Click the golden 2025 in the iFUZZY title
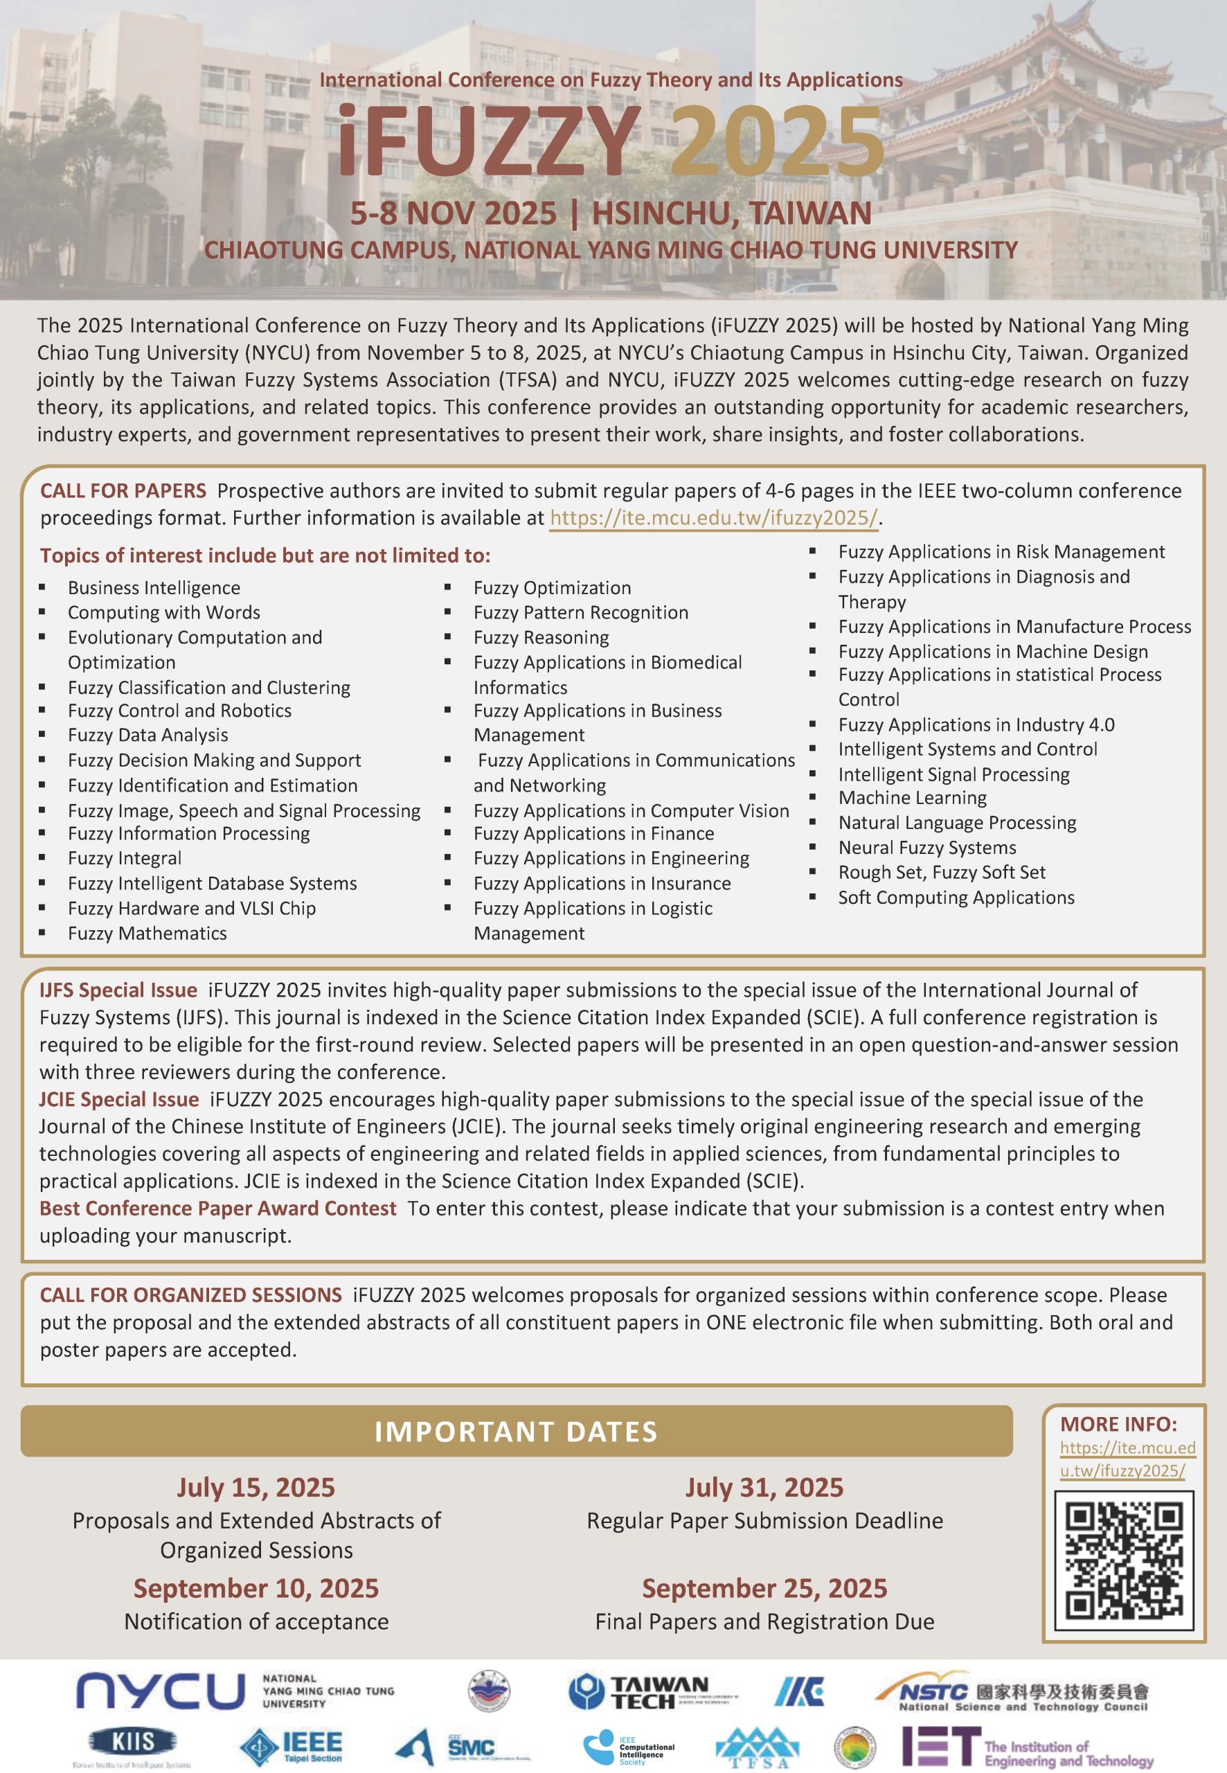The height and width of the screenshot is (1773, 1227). (x=777, y=142)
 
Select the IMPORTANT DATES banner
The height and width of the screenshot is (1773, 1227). (x=516, y=1431)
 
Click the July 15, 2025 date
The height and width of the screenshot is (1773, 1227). (x=256, y=1487)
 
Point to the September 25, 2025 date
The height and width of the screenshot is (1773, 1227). (x=764, y=1587)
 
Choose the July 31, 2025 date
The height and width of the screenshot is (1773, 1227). (x=764, y=1487)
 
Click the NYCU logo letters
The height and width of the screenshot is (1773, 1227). (x=160, y=1691)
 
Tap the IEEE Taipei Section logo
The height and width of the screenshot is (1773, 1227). (x=292, y=1745)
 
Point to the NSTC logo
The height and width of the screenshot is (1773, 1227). (x=1011, y=1691)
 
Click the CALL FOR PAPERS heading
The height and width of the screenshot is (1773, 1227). (x=123, y=490)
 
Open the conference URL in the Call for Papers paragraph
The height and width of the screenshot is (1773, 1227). (x=713, y=517)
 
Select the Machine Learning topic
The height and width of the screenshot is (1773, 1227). (x=912, y=797)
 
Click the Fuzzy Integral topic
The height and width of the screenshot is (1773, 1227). (x=125, y=858)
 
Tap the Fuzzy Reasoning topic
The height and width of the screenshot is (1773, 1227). (x=541, y=637)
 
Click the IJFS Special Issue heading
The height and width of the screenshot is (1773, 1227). (x=118, y=990)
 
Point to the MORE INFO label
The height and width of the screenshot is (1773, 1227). (x=1118, y=1424)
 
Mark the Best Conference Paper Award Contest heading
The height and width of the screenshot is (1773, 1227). (x=217, y=1208)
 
